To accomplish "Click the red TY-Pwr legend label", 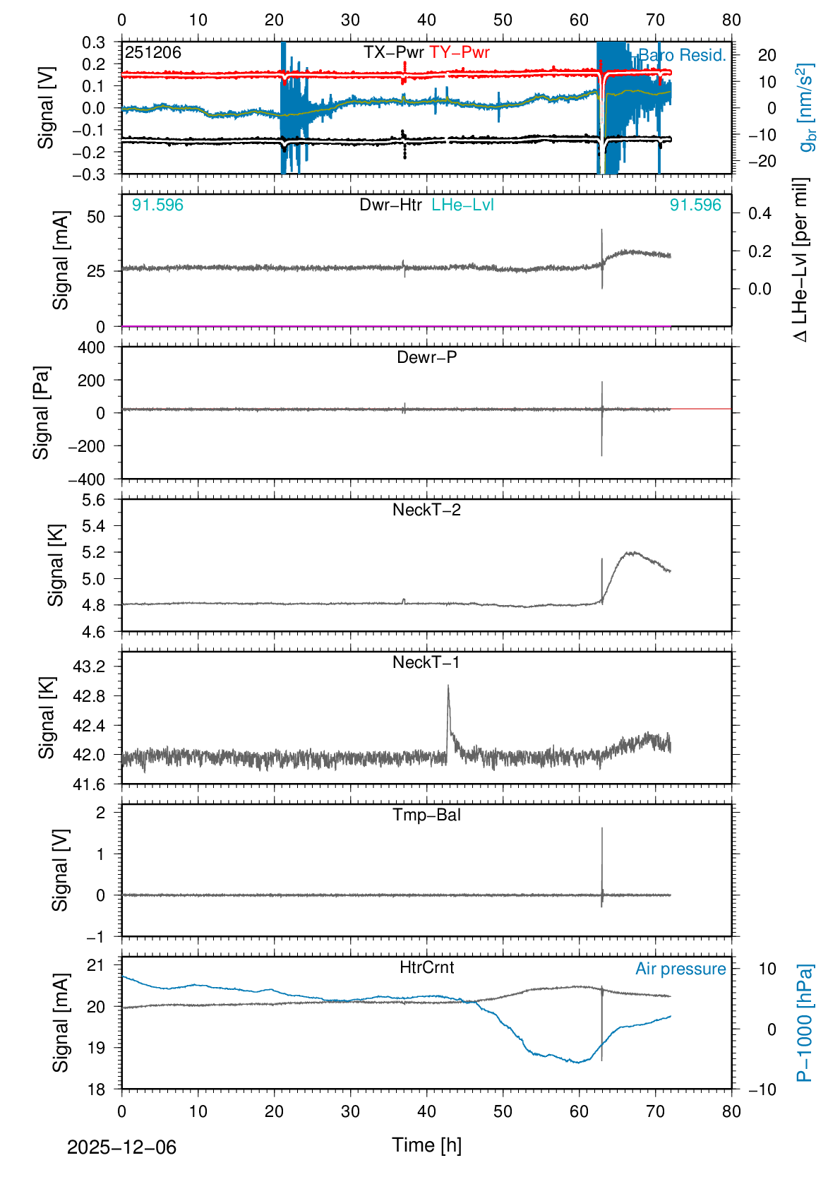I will click(459, 52).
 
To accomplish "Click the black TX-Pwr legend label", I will click(394, 52).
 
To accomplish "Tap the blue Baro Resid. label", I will click(682, 55).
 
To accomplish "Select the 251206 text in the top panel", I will click(153, 52).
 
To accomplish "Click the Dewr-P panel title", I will click(426, 357).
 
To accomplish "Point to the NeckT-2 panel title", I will click(426, 510).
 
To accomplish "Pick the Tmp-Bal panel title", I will click(426, 815).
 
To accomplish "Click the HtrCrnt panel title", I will click(426, 967).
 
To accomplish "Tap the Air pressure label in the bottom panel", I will click(680, 969).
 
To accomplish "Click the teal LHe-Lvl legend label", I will click(462, 205).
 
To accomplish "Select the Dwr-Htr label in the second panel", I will click(390, 205).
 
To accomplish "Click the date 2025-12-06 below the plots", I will click(121, 1147).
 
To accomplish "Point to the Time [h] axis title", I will click(426, 1145).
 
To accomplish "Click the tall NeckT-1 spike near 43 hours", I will click(448, 686).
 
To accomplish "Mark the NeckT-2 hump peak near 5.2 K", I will click(632, 553).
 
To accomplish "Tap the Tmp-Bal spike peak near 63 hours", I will click(602, 829).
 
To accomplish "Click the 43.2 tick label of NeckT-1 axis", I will click(89, 667).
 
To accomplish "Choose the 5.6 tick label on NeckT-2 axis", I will click(94, 500).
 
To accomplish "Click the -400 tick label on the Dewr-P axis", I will click(86, 479).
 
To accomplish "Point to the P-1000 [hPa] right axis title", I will click(805, 1022).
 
